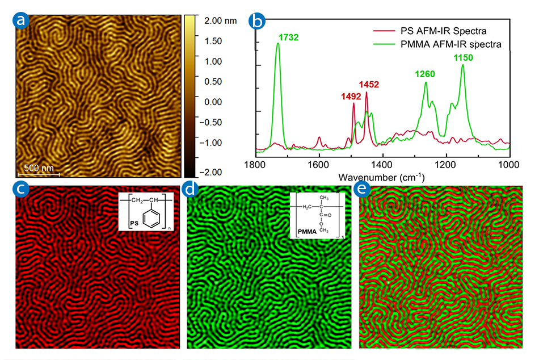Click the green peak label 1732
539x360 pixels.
(288, 37)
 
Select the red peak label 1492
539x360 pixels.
(351, 97)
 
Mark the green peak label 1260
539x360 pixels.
(425, 73)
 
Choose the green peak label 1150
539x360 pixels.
(462, 57)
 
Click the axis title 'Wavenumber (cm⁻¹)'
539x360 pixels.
(381, 177)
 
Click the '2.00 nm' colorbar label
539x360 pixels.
(218, 20)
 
